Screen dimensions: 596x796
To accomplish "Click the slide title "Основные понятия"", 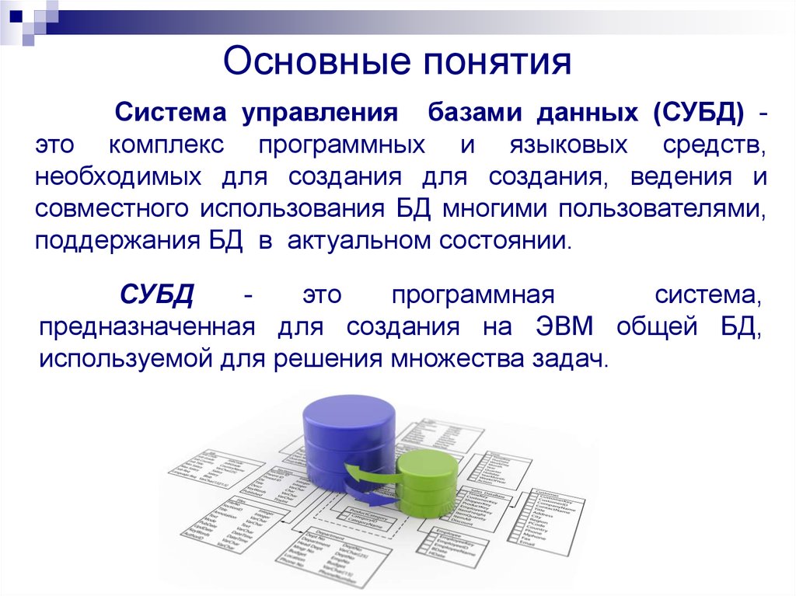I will coord(397,63).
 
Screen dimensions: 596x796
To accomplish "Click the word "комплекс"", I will coord(166,145).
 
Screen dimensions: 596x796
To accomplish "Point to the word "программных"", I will coord(342,145).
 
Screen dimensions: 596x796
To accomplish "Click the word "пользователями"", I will coord(658,208).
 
